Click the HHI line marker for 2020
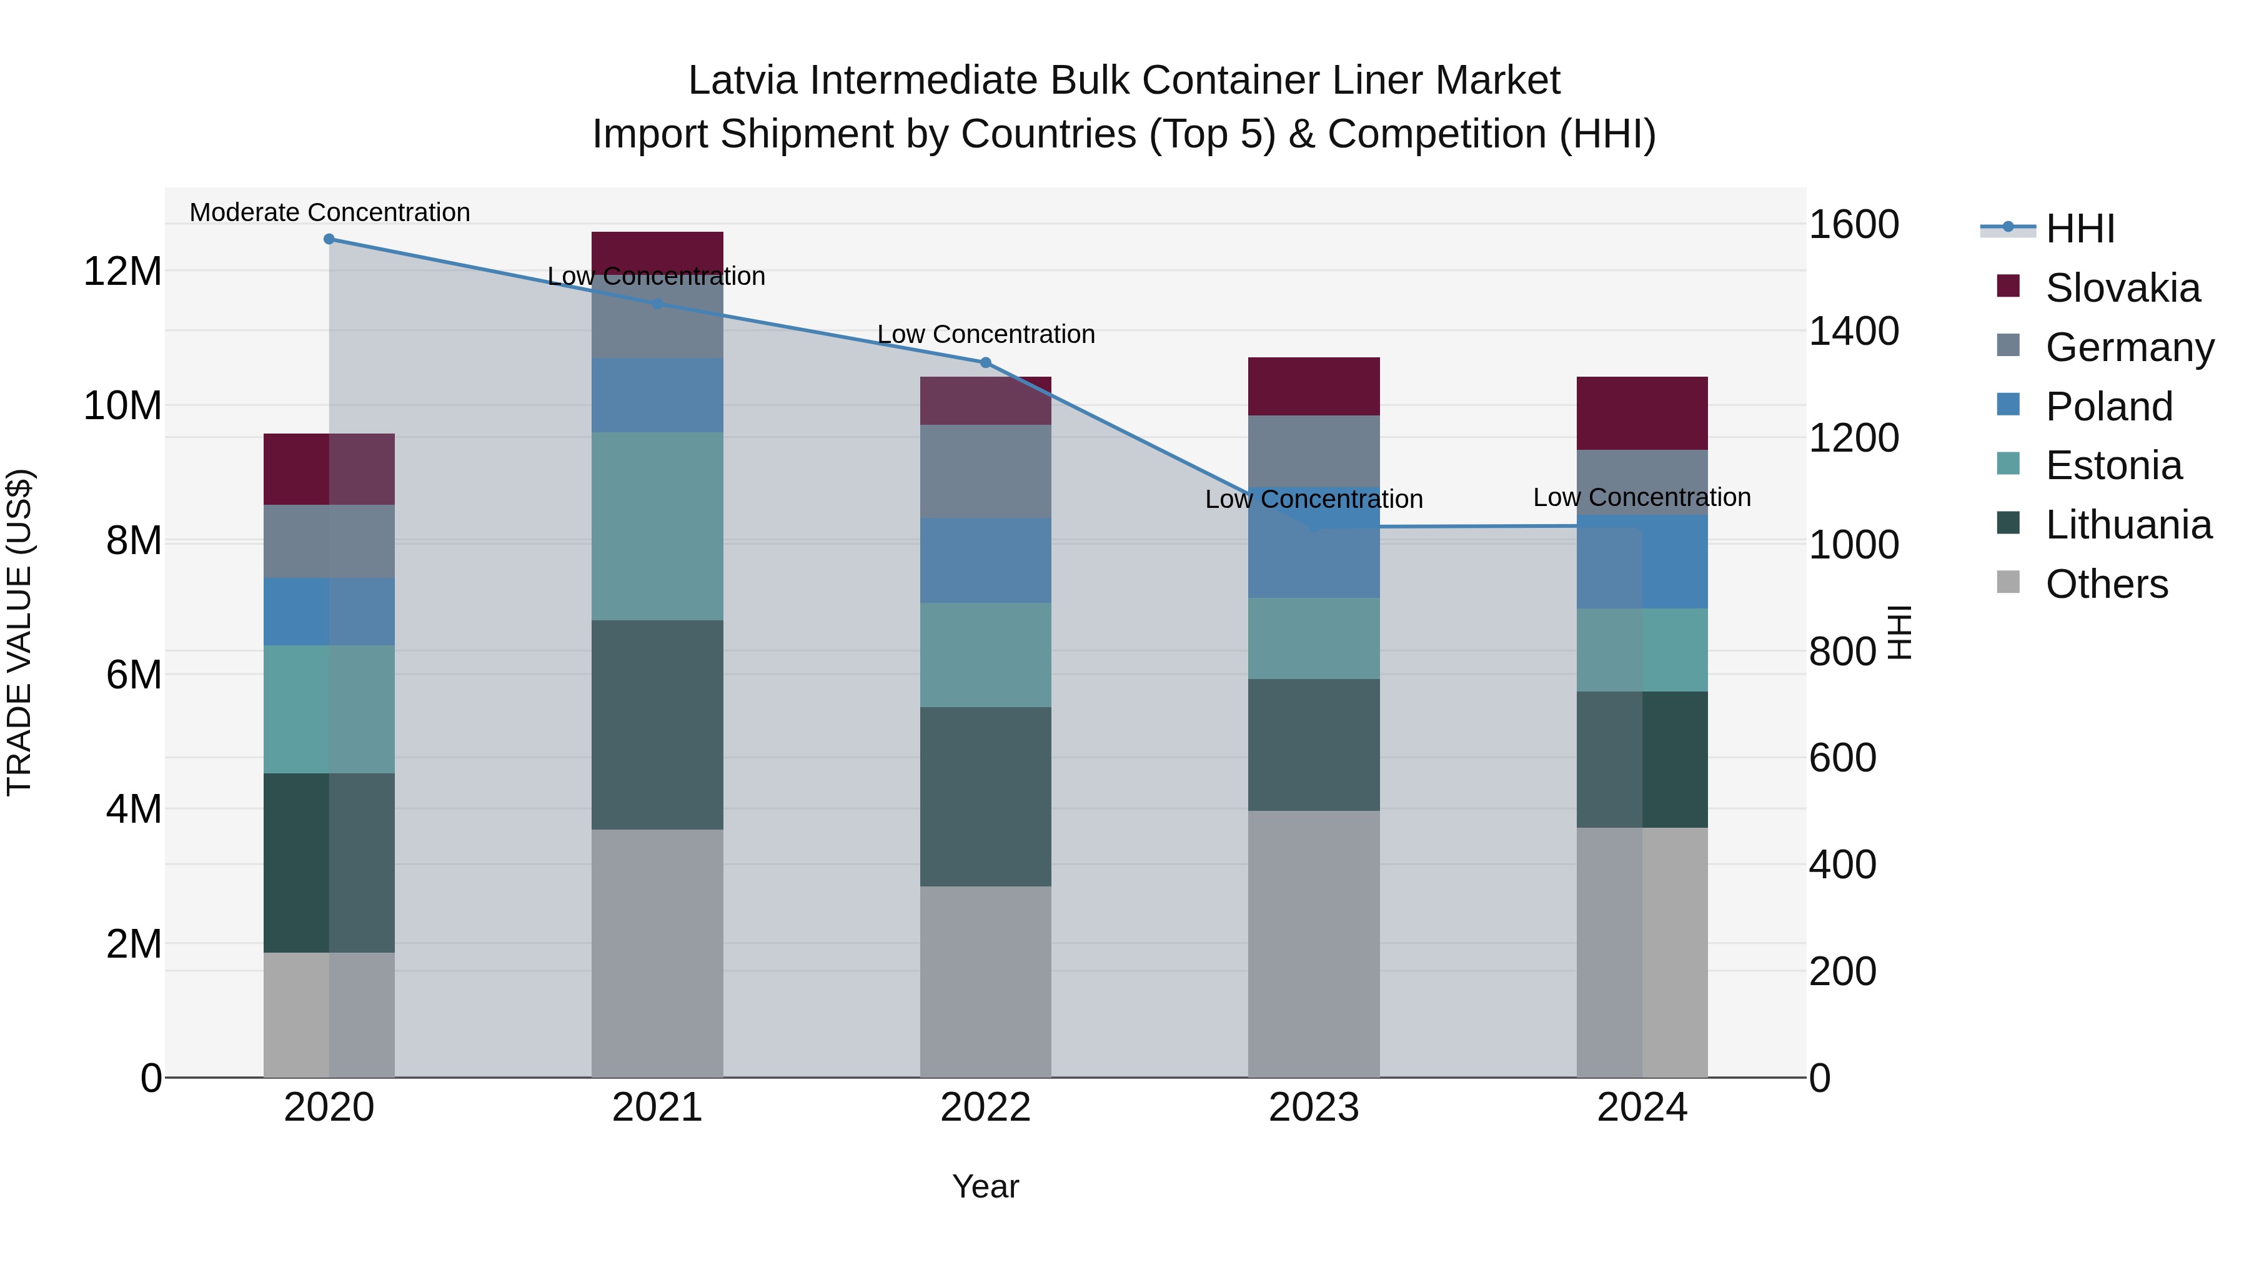pyautogui.click(x=329, y=239)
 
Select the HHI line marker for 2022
pyautogui.click(x=986, y=362)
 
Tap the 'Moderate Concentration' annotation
pyautogui.click(x=329, y=212)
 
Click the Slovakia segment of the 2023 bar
pyautogui.click(x=1313, y=386)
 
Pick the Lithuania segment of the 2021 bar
pyautogui.click(x=657, y=725)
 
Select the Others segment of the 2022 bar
pyautogui.click(x=986, y=981)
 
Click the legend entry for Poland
pyautogui.click(x=2108, y=407)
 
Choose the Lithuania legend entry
pyautogui.click(x=2128, y=525)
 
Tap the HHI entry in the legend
pyautogui.click(x=2080, y=229)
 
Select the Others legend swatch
pyautogui.click(x=2008, y=582)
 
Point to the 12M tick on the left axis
pyautogui.click(x=122, y=272)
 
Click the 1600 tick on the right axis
pyautogui.click(x=1854, y=224)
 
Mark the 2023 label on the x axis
pyautogui.click(x=1313, y=1108)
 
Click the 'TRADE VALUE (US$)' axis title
pyautogui.click(x=19, y=632)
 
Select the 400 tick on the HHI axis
pyautogui.click(x=1842, y=865)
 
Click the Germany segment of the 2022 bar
pyautogui.click(x=986, y=472)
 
